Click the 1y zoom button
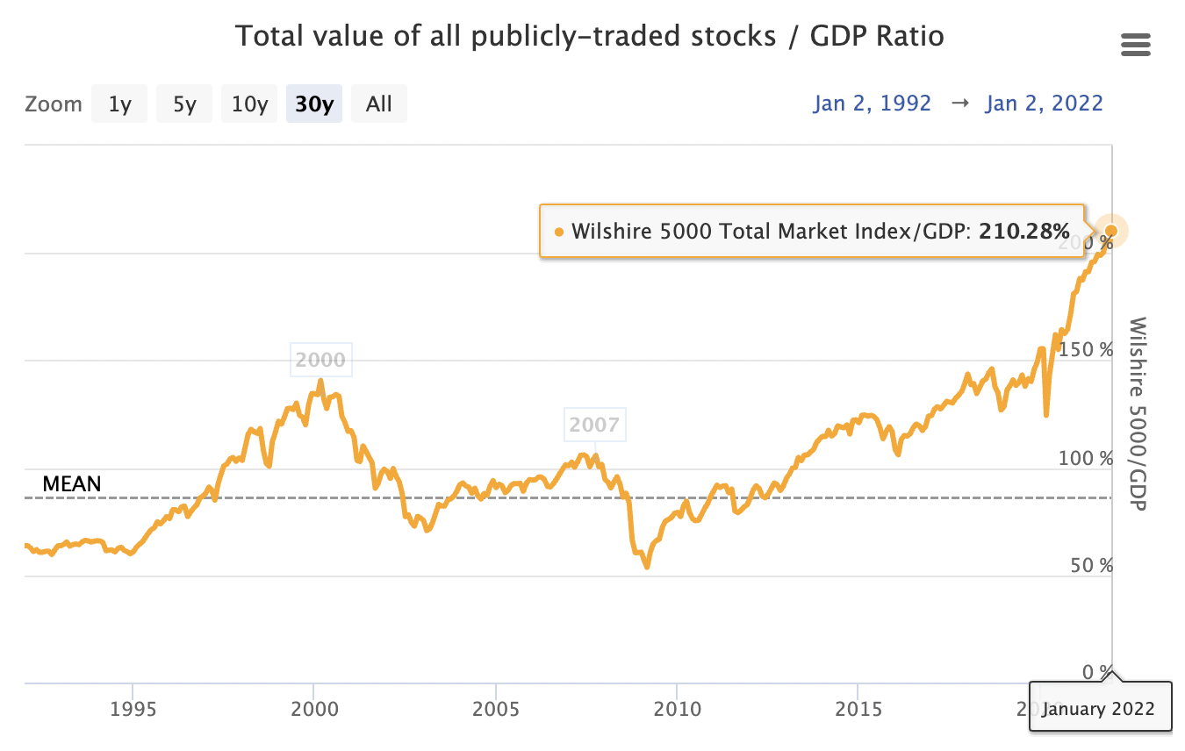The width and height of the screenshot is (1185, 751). pos(120,104)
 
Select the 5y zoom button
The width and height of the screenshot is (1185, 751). pos(184,104)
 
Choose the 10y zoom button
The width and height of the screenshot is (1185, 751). pos(249,104)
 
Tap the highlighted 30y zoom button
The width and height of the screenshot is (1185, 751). pos(314,104)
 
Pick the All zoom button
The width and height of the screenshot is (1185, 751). pos(379,104)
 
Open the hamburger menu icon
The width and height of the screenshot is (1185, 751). pos(1136,46)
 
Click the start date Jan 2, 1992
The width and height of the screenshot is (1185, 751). pos(872,103)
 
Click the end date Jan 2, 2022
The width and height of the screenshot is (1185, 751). pos(1044,103)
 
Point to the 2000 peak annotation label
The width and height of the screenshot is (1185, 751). pos(321,360)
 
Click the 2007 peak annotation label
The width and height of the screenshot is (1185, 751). pos(594,426)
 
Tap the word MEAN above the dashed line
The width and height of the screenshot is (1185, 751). pos(72,483)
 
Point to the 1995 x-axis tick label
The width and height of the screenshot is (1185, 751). pos(133,707)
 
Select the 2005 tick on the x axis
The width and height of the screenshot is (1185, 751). pos(496,707)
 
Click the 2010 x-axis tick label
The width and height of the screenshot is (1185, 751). pos(677,707)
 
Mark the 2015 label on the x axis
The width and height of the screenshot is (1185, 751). pos(858,707)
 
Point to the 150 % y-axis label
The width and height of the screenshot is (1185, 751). pos(1086,350)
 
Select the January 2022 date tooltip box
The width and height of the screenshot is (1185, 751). pos(1101,707)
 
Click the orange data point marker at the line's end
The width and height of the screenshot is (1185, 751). pos(1111,231)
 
